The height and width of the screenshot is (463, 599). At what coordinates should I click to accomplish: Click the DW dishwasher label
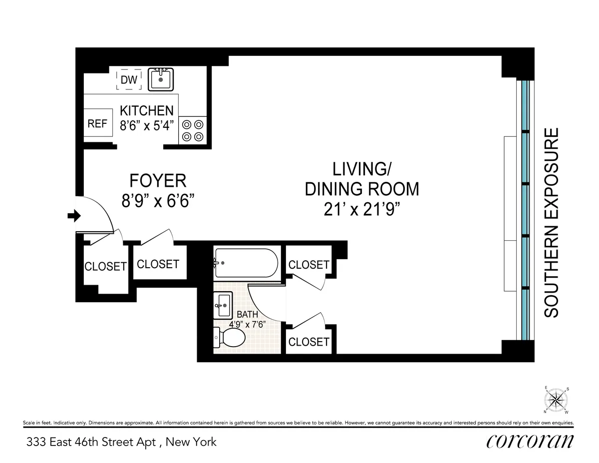click(x=129, y=80)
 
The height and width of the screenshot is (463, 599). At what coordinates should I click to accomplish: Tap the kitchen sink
click(x=161, y=79)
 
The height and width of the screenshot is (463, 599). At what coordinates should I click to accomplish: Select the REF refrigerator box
click(x=97, y=123)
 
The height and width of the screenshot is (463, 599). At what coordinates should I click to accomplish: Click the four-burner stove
click(x=192, y=130)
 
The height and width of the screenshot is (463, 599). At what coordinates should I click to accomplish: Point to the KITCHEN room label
click(x=146, y=111)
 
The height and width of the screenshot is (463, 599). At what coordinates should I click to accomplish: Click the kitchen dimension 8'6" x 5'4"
click(x=146, y=125)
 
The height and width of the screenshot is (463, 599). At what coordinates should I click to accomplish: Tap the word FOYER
click(x=158, y=180)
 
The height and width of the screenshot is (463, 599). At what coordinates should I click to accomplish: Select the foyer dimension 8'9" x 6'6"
click(x=158, y=201)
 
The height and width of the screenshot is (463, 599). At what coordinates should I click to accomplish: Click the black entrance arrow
click(x=74, y=216)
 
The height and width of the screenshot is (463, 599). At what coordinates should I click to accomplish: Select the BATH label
click(x=248, y=315)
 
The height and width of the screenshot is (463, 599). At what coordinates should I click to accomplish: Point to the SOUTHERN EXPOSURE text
click(x=551, y=223)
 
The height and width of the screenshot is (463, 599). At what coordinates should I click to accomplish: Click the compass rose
click(x=555, y=400)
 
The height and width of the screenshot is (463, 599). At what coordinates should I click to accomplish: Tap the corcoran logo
click(x=530, y=441)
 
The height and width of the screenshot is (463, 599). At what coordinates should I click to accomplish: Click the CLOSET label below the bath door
click(x=308, y=342)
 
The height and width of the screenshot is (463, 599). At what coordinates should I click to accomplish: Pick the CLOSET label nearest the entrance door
click(x=105, y=266)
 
